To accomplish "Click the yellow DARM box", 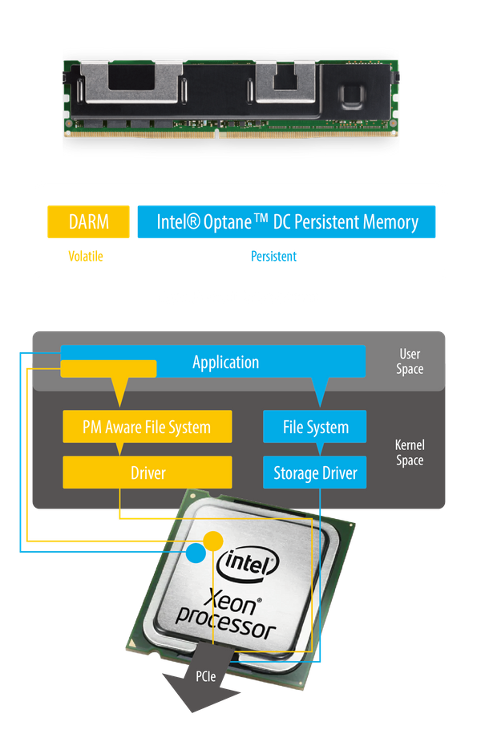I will pyautogui.click(x=88, y=221).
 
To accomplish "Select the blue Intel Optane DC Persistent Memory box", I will pyautogui.click(x=287, y=221).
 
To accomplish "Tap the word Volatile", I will pyautogui.click(x=86, y=257).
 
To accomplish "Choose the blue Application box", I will pyautogui.click(x=226, y=362).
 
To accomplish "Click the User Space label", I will pyautogui.click(x=410, y=361).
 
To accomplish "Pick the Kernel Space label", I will pyautogui.click(x=410, y=452).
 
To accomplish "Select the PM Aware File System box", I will pyautogui.click(x=148, y=427).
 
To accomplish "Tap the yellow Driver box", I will pyautogui.click(x=148, y=472).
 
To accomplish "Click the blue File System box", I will pyautogui.click(x=315, y=427).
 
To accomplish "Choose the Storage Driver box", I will pyautogui.click(x=315, y=472).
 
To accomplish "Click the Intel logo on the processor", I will pyautogui.click(x=247, y=565).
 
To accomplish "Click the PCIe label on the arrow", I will pyautogui.click(x=206, y=676).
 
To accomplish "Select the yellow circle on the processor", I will pyautogui.click(x=212, y=541).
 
